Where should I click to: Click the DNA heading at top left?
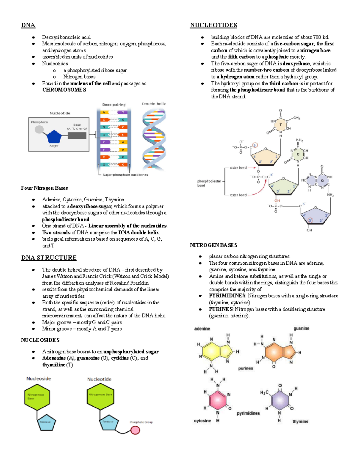(x=28, y=25)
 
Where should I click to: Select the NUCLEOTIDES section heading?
(x=213, y=25)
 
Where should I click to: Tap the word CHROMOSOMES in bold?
(x=64, y=90)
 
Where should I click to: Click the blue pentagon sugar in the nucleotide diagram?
(x=54, y=137)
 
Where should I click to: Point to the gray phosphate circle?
(x=39, y=129)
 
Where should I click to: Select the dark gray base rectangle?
(x=77, y=135)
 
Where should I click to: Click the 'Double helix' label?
(x=154, y=104)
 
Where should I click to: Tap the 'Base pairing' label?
(x=114, y=105)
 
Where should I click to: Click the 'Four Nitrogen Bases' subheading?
(x=44, y=188)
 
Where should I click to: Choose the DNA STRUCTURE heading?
(x=49, y=258)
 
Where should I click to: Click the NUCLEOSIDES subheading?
(x=40, y=340)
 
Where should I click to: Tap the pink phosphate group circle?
(x=135, y=430)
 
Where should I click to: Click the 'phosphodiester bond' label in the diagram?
(x=209, y=183)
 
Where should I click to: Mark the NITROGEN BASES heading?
(x=214, y=245)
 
